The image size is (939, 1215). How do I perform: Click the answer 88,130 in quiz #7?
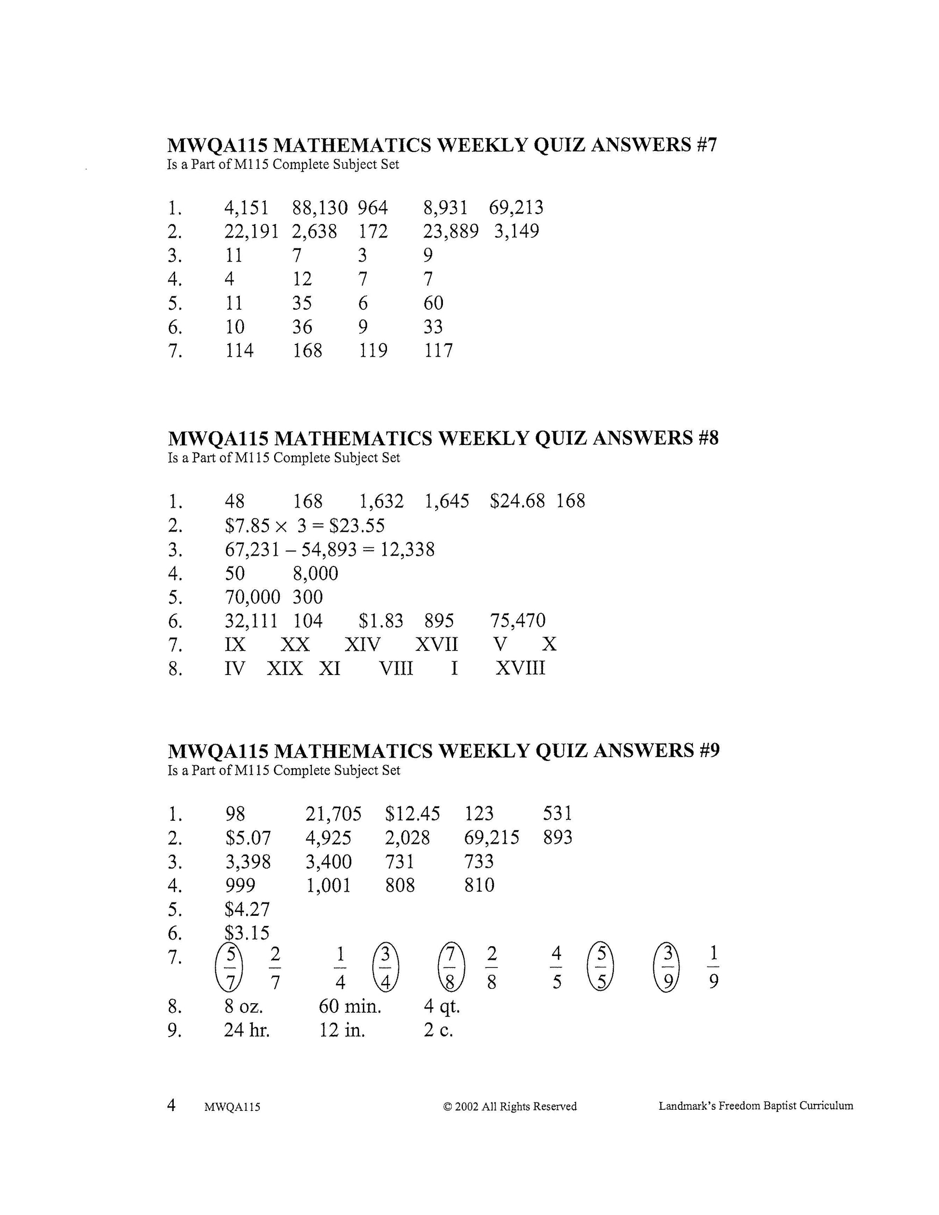pyautogui.click(x=320, y=208)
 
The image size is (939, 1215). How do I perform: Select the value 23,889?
pyautogui.click(x=451, y=232)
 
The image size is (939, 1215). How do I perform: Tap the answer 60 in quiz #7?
pyautogui.click(x=433, y=303)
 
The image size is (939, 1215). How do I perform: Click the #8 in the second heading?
pyautogui.click(x=707, y=439)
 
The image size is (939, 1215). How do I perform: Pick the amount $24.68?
pyautogui.click(x=517, y=501)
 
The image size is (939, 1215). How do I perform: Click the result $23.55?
pyautogui.click(x=357, y=526)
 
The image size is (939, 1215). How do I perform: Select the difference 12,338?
pyautogui.click(x=407, y=550)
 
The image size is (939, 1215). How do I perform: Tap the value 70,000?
pyautogui.click(x=252, y=597)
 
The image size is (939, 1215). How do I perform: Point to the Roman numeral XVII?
pyautogui.click(x=437, y=644)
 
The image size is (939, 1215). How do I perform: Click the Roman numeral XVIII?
pyautogui.click(x=520, y=668)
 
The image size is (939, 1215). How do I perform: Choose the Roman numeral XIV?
pyautogui.click(x=362, y=644)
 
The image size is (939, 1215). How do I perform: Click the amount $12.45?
pyautogui.click(x=412, y=814)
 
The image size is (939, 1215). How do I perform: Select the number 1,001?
pyautogui.click(x=329, y=885)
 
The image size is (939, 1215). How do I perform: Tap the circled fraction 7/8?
pyautogui.click(x=451, y=968)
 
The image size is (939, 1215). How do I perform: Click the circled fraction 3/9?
pyautogui.click(x=667, y=968)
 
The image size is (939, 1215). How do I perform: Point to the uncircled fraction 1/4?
pyautogui.click(x=341, y=968)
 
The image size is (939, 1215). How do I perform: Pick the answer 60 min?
pyautogui.click(x=350, y=1007)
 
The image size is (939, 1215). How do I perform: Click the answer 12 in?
pyautogui.click(x=342, y=1030)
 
